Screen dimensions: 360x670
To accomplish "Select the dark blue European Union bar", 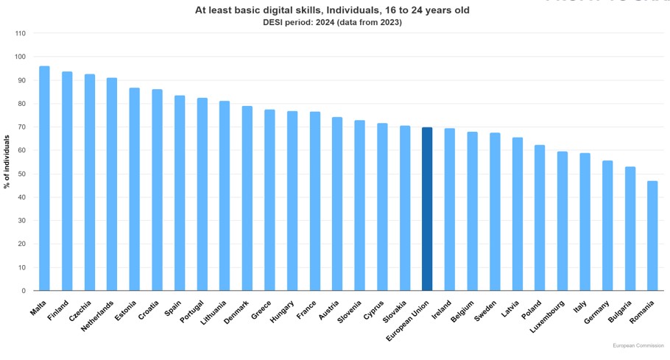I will pyautogui.click(x=427, y=209).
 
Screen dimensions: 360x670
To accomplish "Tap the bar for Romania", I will pyautogui.click(x=652, y=236).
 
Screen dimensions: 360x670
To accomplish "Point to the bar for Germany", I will pyautogui.click(x=607, y=225).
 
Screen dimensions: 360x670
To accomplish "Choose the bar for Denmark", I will pyautogui.click(x=247, y=198).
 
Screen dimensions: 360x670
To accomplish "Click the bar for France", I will pyautogui.click(x=314, y=201).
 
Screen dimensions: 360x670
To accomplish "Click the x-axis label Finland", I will pyautogui.click(x=59, y=308).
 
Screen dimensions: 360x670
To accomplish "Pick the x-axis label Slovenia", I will pyautogui.click(x=350, y=311).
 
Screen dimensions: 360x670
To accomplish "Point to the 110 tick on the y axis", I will pyautogui.click(x=20, y=34).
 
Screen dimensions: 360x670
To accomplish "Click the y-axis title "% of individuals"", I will pyautogui.click(x=7, y=162).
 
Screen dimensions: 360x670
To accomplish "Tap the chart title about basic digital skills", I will pyautogui.click(x=332, y=10).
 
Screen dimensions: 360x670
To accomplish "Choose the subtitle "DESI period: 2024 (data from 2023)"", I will pyautogui.click(x=332, y=22).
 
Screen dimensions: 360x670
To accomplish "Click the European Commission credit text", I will pyautogui.click(x=638, y=345).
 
